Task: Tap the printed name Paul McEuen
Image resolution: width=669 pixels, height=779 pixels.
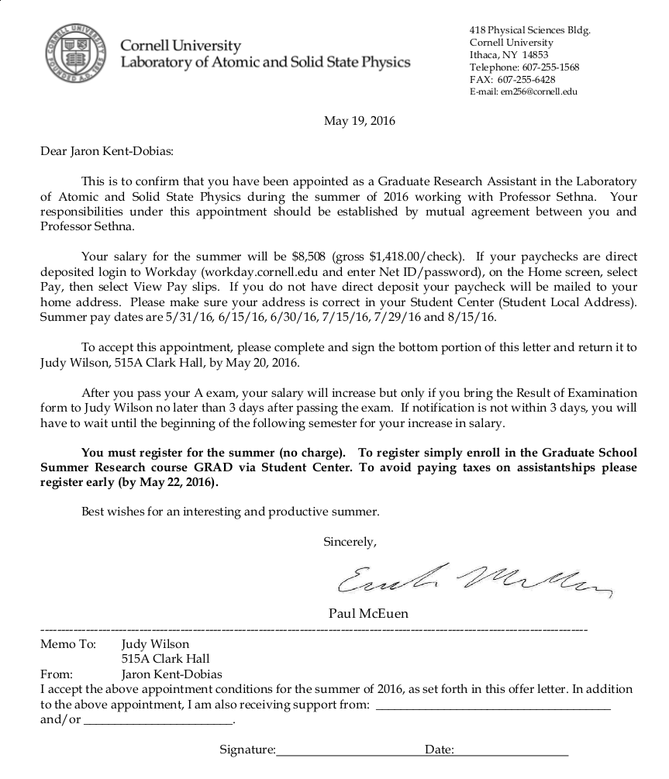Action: (368, 613)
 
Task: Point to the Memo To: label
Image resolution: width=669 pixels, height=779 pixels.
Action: (68, 643)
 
